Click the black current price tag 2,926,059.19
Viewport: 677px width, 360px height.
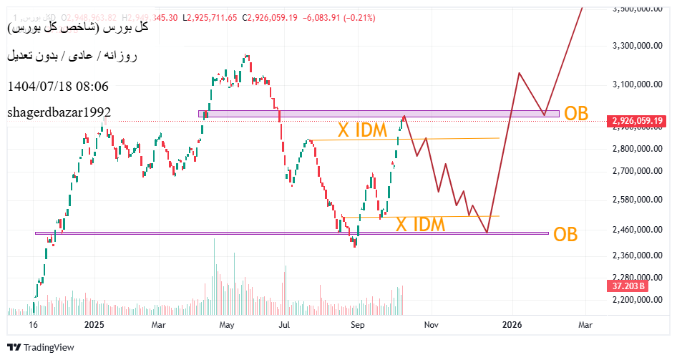point(637,121)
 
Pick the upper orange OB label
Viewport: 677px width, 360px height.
point(577,114)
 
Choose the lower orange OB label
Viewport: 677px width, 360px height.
point(567,234)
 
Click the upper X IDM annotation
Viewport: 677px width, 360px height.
point(364,130)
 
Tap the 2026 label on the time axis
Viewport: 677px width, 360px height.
point(512,324)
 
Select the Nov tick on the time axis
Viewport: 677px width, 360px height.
point(431,324)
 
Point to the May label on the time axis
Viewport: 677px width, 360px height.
point(226,324)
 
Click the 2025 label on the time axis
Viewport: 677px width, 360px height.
point(94,324)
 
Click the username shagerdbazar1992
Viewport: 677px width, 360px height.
point(59,112)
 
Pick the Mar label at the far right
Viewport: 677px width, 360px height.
point(585,324)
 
